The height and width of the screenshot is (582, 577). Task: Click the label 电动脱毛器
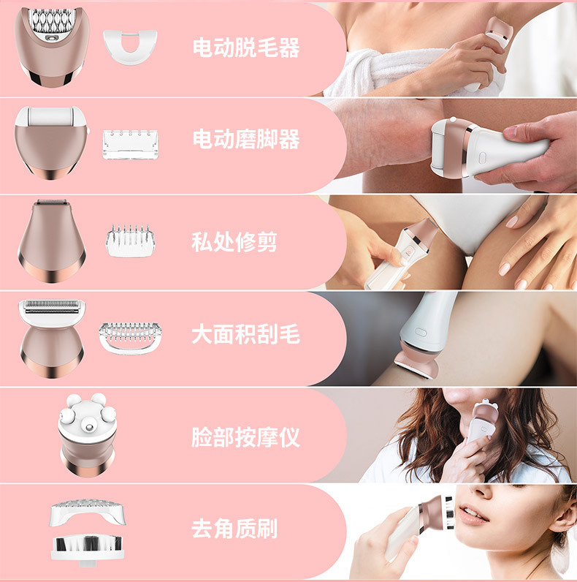tap(246, 48)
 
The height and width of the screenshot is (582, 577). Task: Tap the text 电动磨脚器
tap(246, 139)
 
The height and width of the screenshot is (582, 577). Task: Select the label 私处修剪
tap(234, 242)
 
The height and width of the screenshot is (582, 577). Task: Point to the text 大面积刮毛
tap(246, 336)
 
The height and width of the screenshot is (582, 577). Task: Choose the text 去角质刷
tap(234, 529)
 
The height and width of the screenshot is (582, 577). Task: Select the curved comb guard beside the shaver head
tap(130, 337)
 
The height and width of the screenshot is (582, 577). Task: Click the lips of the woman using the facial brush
tap(474, 515)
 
